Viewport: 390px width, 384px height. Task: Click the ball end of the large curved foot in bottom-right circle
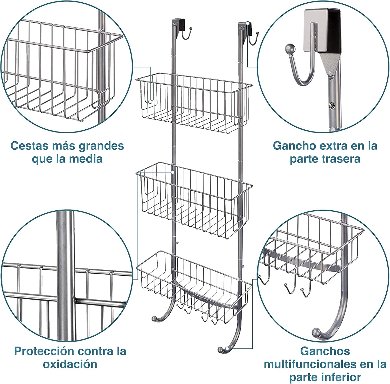316,333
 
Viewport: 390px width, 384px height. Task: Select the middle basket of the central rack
194,200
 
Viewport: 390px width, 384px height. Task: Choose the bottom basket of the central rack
194,286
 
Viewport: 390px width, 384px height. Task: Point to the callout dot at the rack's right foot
227,348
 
